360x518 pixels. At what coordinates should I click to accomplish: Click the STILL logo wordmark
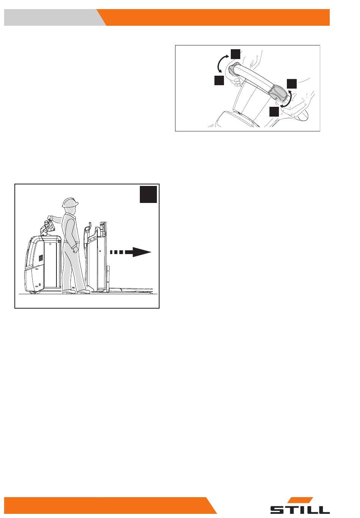coord(300,509)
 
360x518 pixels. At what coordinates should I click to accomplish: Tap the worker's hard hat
coord(70,202)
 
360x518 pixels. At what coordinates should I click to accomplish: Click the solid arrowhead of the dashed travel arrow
coord(142,252)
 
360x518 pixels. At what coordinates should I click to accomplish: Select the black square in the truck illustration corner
coord(148,194)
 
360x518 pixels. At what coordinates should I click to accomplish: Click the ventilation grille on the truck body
coord(41,258)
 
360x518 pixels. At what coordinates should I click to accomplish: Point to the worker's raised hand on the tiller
coord(50,218)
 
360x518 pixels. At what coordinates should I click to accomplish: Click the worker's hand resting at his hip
coord(75,250)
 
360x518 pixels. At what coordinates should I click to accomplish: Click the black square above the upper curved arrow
coord(235,54)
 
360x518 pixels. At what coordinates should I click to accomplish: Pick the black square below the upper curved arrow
coord(219,81)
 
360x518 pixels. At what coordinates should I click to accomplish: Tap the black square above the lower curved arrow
coord(291,84)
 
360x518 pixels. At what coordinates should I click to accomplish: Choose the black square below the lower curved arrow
coord(274,111)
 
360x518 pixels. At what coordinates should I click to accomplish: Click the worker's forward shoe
coord(83,292)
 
